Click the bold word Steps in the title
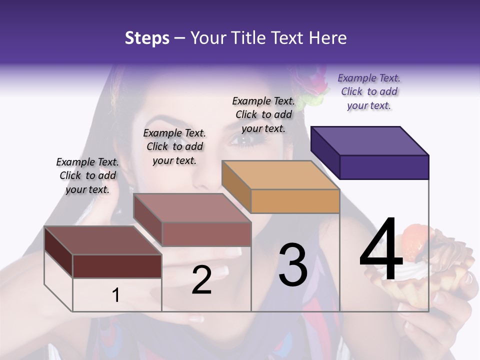point(147,38)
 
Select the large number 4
point(381,250)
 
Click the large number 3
point(292,265)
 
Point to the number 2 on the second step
point(201,280)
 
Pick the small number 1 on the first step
point(116,295)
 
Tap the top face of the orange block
point(280,175)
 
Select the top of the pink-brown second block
point(191,207)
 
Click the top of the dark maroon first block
point(102,240)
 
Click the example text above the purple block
point(369,91)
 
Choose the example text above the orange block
point(263,114)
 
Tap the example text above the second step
point(174,146)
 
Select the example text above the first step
point(87,175)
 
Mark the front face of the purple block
point(384,167)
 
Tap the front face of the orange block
point(295,201)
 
